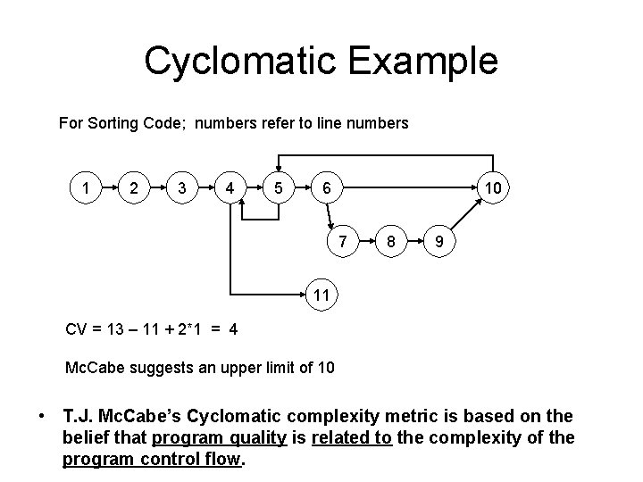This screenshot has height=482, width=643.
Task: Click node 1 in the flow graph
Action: [x=85, y=188]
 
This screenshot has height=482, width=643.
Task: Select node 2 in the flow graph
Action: [x=133, y=188]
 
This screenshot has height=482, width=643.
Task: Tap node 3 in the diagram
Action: [x=182, y=188]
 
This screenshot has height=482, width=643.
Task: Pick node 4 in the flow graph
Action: [x=230, y=188]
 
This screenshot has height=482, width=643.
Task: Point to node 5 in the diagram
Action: [x=280, y=188]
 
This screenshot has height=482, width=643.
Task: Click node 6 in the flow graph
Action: [x=328, y=188]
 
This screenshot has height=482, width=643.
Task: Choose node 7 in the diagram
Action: [x=342, y=241]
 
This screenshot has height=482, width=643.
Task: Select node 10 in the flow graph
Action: [x=492, y=188]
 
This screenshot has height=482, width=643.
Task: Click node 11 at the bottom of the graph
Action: [x=321, y=294]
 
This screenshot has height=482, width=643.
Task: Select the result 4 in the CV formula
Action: [x=232, y=328]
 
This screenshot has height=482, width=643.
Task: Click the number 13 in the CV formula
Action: [x=117, y=328]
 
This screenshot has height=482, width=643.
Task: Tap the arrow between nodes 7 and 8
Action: [x=366, y=242]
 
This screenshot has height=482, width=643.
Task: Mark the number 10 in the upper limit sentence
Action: [x=325, y=366]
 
